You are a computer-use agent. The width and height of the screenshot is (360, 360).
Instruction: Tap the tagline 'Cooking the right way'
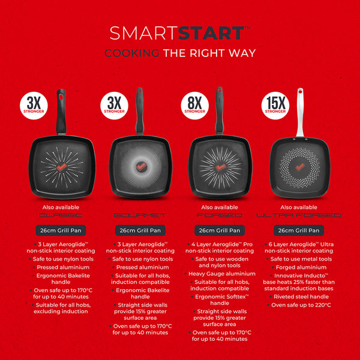tap(180, 53)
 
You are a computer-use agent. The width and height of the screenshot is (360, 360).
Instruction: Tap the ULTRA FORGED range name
tap(299, 215)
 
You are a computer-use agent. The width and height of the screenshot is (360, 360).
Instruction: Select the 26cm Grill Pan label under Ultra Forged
tap(299, 230)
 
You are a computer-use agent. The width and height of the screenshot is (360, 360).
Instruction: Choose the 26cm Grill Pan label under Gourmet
tap(140, 230)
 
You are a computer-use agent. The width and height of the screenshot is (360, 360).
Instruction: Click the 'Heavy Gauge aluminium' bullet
tap(217, 273)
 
